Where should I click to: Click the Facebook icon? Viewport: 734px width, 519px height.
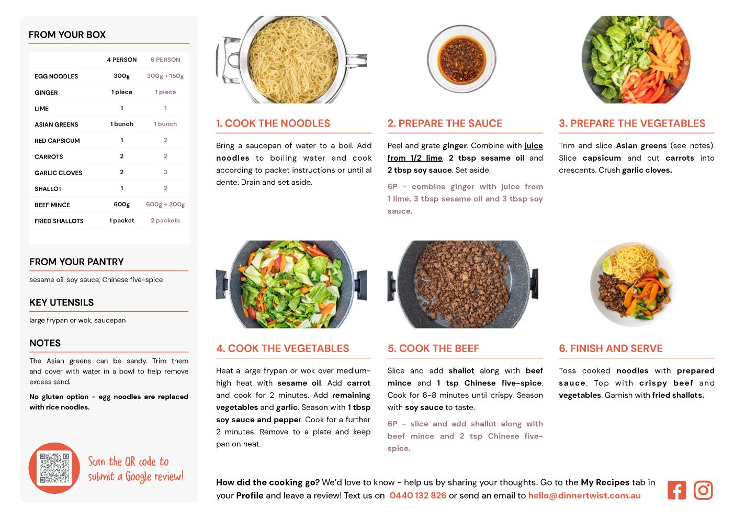(x=676, y=490)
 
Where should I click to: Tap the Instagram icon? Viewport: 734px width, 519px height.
(x=703, y=490)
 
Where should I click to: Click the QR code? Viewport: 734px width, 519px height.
(x=54, y=468)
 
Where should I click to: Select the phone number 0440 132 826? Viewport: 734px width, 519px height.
(x=418, y=495)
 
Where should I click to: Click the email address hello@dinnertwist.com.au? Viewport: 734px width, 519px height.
(x=584, y=495)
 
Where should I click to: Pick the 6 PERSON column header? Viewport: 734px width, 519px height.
(x=165, y=60)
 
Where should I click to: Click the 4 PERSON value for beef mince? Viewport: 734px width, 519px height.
(x=121, y=205)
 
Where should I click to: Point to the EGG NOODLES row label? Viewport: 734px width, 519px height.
(x=56, y=76)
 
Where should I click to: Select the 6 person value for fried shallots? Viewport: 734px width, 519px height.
(x=165, y=220)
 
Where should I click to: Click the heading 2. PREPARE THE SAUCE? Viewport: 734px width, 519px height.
(x=445, y=123)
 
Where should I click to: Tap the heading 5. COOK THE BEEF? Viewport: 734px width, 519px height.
(x=433, y=348)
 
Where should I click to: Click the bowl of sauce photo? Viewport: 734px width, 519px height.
(x=461, y=59)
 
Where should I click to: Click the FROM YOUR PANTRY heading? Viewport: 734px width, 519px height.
(x=76, y=262)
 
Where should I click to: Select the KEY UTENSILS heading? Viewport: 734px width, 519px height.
(x=61, y=302)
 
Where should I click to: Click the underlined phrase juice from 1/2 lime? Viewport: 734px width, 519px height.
(x=465, y=152)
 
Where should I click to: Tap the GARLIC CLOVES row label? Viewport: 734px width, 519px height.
(x=58, y=173)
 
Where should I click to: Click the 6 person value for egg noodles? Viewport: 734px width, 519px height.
(x=165, y=76)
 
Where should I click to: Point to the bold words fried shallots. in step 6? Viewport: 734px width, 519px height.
(x=678, y=395)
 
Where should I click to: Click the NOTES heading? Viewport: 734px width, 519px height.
(x=45, y=343)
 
